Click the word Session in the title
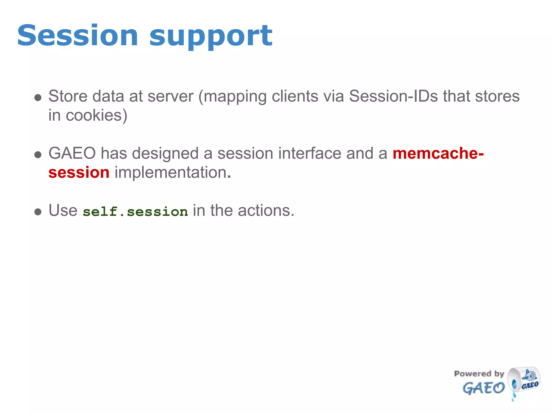(x=78, y=36)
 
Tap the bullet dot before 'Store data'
(x=38, y=98)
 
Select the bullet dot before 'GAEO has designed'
(x=38, y=155)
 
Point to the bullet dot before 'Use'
(x=38, y=212)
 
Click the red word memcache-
(x=438, y=153)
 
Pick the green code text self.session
(x=135, y=212)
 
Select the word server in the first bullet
(x=170, y=96)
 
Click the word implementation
(x=172, y=173)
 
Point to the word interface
(x=310, y=153)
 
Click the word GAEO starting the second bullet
(x=72, y=153)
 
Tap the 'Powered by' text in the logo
(x=479, y=374)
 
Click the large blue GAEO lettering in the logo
(x=484, y=388)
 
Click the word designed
(x=165, y=153)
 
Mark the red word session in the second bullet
(x=79, y=173)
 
